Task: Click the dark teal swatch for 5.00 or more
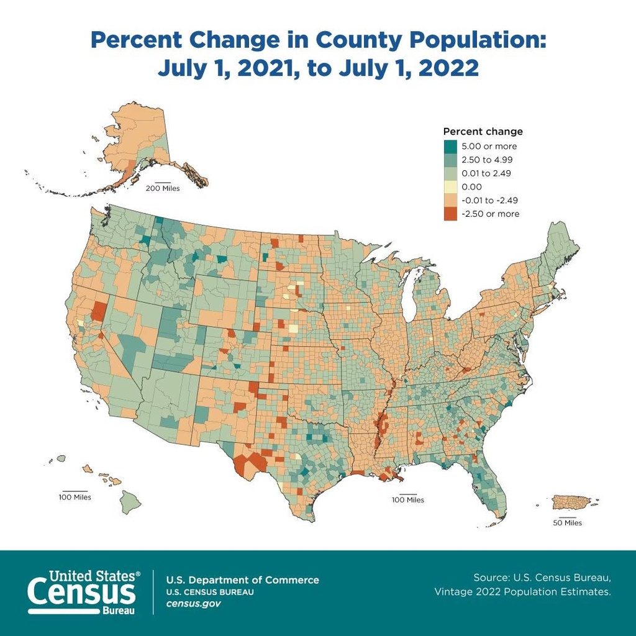pos(450,147)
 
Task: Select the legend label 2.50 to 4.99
pos(486,160)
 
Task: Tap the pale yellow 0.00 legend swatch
pos(450,186)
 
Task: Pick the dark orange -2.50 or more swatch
pos(450,214)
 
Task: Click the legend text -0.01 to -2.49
pos(491,200)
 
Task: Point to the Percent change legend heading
pos(483,132)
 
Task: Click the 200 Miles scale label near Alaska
pos(163,188)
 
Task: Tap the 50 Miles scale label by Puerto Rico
pos(568,523)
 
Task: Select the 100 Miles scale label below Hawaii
pos(75,497)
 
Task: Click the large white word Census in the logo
pos(81,591)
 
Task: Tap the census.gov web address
pos(193,603)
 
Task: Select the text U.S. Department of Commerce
pos(242,580)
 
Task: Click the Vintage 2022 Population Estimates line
pos(522,592)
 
